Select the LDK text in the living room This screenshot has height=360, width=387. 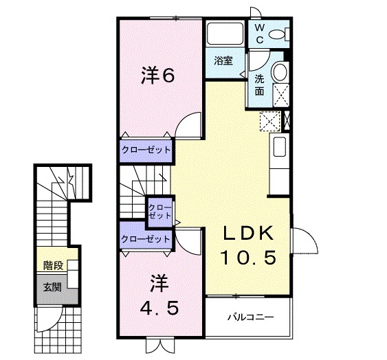249,234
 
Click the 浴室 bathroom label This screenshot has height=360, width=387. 222,60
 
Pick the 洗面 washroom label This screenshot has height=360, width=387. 259,84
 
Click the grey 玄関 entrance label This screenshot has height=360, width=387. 52,286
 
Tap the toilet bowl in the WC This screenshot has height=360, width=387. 278,34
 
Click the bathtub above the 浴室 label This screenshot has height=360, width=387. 223,35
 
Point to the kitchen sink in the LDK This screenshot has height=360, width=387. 279,147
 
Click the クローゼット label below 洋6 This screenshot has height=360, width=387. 146,149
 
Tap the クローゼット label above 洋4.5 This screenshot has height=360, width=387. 145,238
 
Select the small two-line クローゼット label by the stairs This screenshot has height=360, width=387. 160,211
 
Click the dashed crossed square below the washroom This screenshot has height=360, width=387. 269,121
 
